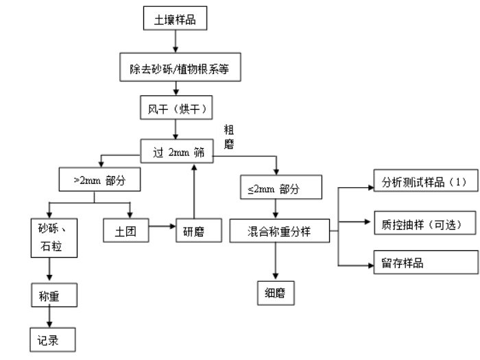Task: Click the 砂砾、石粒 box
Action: (x=49, y=238)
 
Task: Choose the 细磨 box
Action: (x=276, y=292)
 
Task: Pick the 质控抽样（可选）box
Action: (x=423, y=223)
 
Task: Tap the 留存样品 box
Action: (x=423, y=263)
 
